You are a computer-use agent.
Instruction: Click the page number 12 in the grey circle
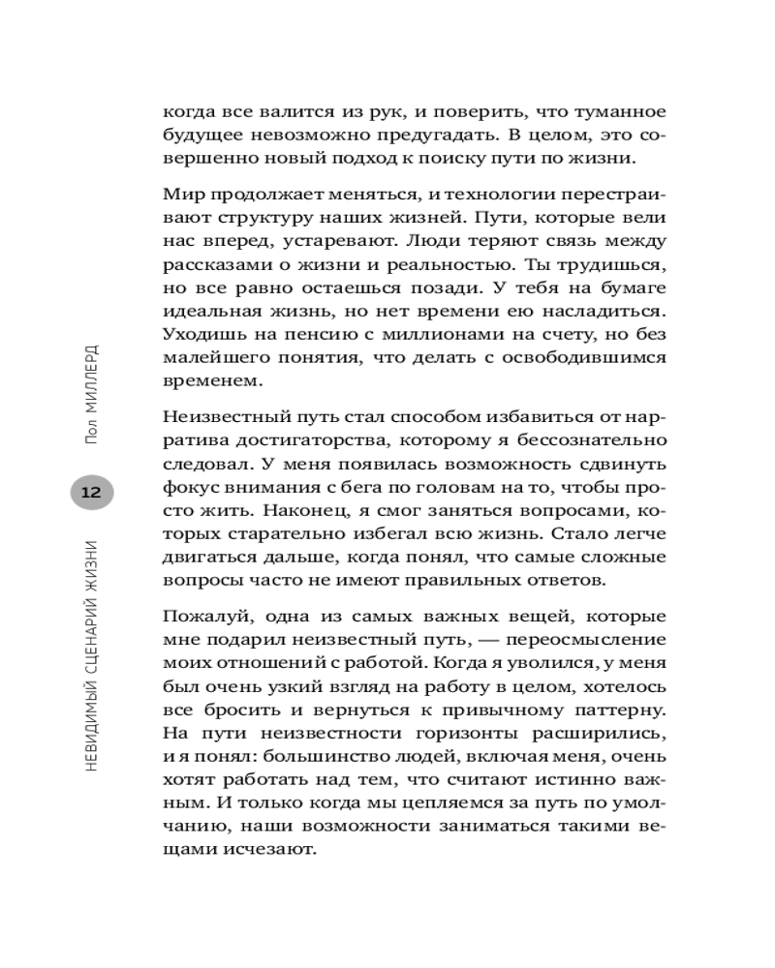[x=91, y=492]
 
